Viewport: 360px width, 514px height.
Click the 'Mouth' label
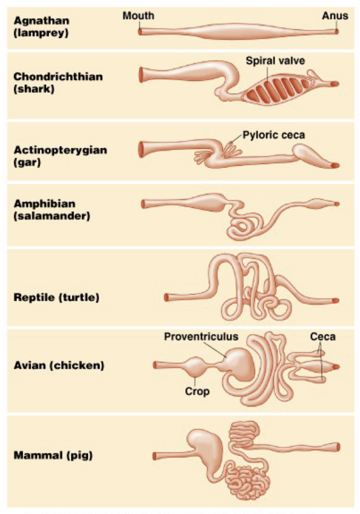(x=138, y=16)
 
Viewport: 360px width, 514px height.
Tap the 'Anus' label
(x=335, y=16)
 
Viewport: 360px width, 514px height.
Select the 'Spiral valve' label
(x=276, y=61)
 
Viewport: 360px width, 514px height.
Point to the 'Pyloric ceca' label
(x=274, y=135)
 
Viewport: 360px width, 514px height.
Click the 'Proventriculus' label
(x=201, y=337)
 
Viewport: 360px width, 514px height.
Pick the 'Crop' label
(x=197, y=391)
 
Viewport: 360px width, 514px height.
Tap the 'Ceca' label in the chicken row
(x=323, y=337)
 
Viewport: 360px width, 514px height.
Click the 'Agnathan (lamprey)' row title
(x=41, y=27)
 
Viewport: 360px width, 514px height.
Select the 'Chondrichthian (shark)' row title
(x=58, y=83)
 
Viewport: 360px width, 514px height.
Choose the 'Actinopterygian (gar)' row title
(x=61, y=156)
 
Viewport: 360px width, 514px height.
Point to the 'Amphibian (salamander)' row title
(x=52, y=210)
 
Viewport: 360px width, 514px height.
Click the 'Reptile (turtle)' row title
(x=57, y=297)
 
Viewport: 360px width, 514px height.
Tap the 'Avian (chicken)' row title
(x=59, y=365)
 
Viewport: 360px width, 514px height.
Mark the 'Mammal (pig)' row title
(x=53, y=455)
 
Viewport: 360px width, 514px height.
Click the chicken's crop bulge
(x=195, y=367)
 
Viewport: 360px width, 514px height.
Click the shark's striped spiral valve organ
(x=277, y=89)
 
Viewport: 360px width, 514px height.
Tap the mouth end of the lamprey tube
(x=140, y=32)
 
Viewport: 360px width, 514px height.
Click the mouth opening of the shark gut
(x=142, y=75)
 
